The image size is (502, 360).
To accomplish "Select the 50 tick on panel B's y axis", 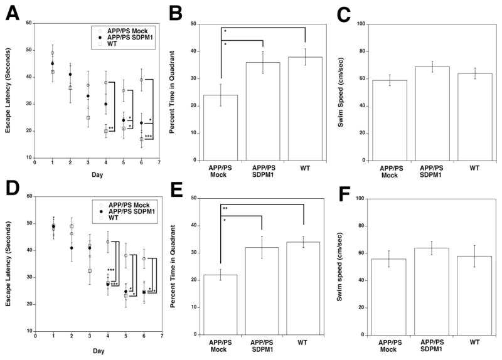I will (193, 24).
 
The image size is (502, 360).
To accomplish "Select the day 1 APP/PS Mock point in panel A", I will (53, 53).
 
